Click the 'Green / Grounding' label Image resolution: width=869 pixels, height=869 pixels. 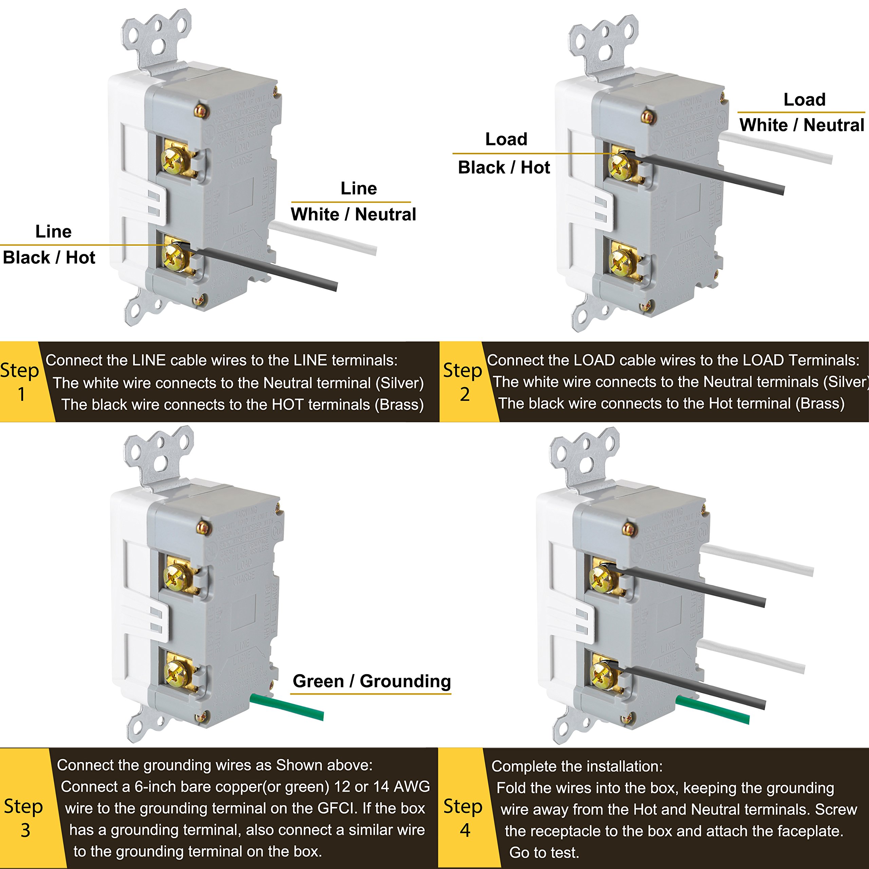click(371, 681)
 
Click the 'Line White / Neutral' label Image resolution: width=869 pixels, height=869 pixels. click(353, 202)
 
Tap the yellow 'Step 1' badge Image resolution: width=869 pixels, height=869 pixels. click(20, 382)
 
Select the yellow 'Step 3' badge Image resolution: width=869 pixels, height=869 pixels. click(23, 818)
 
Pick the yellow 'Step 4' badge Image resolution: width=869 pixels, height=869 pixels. click(463, 818)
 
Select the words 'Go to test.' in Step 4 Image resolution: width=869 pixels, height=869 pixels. click(544, 852)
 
